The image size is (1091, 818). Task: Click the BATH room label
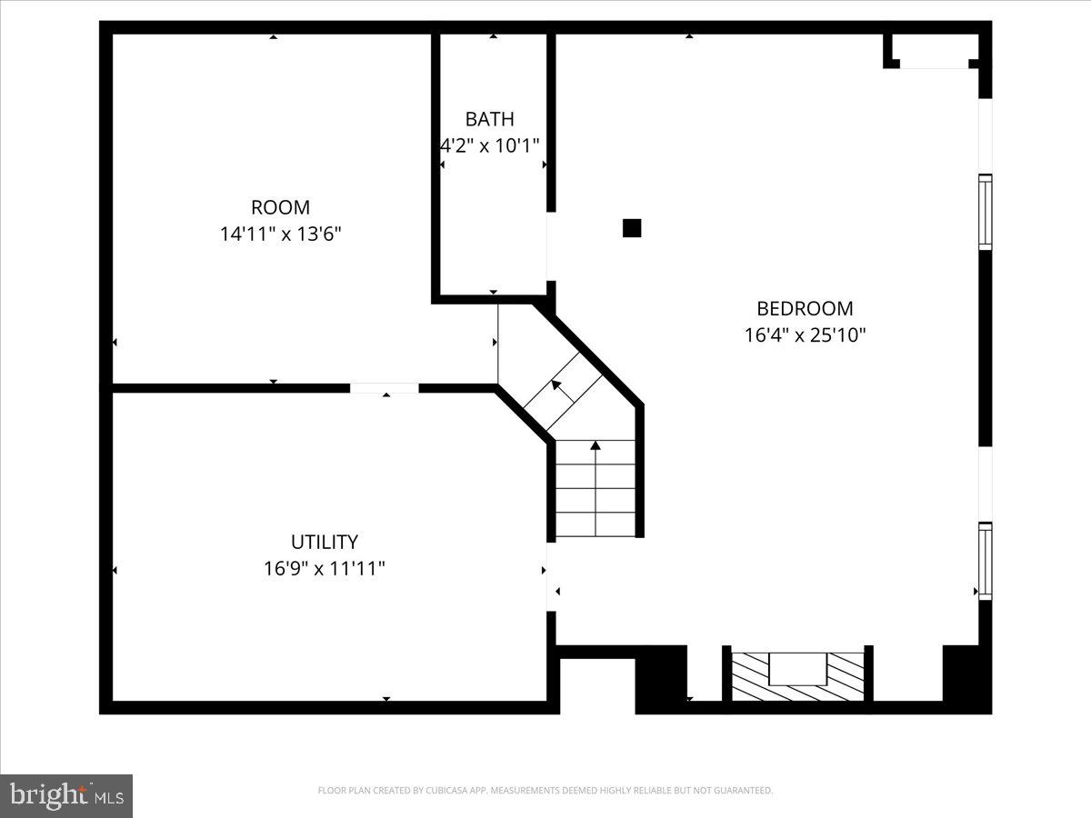pyautogui.click(x=489, y=119)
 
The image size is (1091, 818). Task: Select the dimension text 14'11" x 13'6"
pyautogui.click(x=281, y=234)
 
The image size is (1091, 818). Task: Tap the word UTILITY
pyautogui.click(x=324, y=543)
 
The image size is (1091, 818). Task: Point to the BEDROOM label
pyautogui.click(x=805, y=308)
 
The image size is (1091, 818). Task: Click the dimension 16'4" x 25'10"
pyautogui.click(x=805, y=335)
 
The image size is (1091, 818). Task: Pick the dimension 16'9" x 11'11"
pyautogui.click(x=324, y=569)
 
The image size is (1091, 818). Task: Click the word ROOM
pyautogui.click(x=280, y=207)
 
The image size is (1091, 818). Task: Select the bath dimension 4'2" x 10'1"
pyautogui.click(x=490, y=145)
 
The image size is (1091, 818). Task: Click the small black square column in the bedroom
pyautogui.click(x=632, y=228)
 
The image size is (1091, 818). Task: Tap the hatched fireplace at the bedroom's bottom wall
pyautogui.click(x=797, y=676)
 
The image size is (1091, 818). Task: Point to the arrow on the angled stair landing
pyautogui.click(x=557, y=389)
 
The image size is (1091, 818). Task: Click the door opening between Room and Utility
pyautogui.click(x=384, y=388)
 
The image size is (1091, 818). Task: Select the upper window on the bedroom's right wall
pyautogui.click(x=985, y=212)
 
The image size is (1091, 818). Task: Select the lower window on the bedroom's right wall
pyautogui.click(x=985, y=561)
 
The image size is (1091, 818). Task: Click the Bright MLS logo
pyautogui.click(x=66, y=796)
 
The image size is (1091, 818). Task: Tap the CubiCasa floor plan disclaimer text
pyautogui.click(x=545, y=791)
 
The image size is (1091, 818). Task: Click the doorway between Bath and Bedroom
pyautogui.click(x=551, y=246)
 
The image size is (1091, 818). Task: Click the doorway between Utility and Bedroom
pyautogui.click(x=551, y=577)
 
